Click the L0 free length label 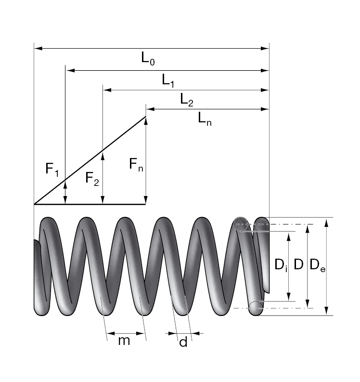point(148,59)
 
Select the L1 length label point(167,81)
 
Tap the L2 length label point(187,100)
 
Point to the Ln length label point(205,119)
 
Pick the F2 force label point(92,179)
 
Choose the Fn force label point(136,165)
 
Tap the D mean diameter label point(298,264)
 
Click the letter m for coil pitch point(124,341)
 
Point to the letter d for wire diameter point(183,343)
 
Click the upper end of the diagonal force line point(145,117)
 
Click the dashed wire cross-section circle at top point(241,224)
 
